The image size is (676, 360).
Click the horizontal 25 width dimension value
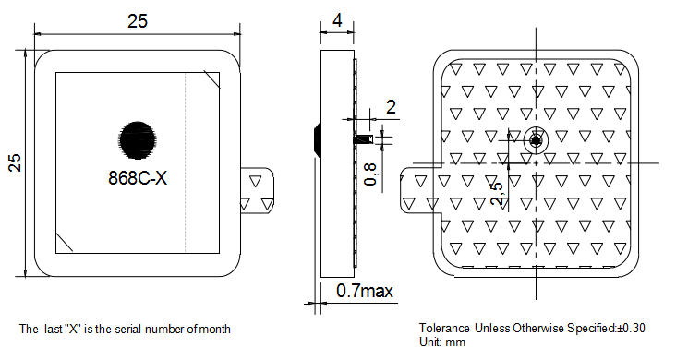tap(138, 21)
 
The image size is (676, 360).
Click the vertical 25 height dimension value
tap(15, 162)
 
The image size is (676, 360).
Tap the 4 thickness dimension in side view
tap(337, 19)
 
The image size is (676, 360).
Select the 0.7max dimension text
tap(365, 291)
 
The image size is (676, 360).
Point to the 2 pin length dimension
tap(391, 107)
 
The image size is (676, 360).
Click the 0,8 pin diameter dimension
tap(370, 174)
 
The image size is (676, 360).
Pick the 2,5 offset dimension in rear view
tap(497, 193)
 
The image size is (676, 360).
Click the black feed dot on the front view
tap(137, 139)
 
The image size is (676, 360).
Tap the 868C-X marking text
tap(138, 177)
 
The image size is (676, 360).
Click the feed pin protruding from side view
tap(364, 139)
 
